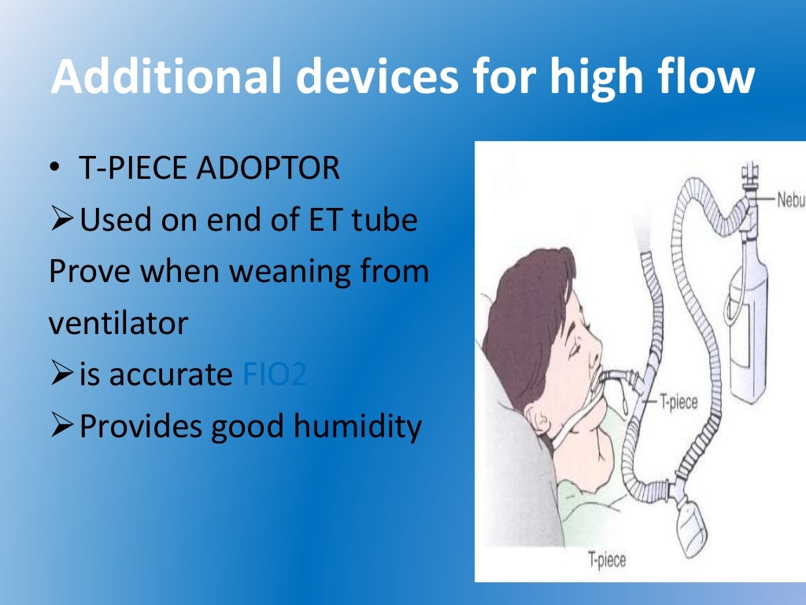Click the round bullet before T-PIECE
tap(54, 169)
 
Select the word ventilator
tap(118, 323)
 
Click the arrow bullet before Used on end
tap(61, 221)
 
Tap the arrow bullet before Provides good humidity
tap(61, 427)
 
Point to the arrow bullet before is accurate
tap(61, 375)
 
